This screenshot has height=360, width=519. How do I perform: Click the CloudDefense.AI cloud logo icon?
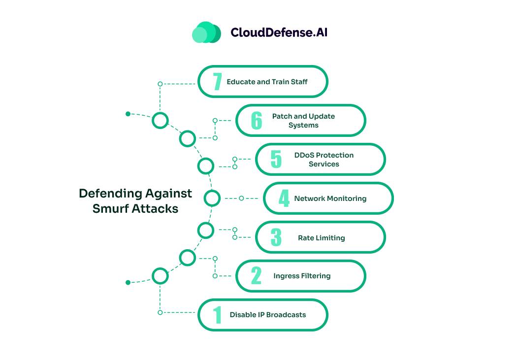click(x=206, y=33)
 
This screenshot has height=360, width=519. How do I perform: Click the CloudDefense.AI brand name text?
click(x=279, y=33)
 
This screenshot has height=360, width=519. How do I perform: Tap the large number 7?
click(x=217, y=82)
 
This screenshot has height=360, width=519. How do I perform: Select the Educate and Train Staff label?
click(x=267, y=82)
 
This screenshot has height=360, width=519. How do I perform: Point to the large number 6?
click(x=257, y=121)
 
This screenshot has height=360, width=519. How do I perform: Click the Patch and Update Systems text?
click(x=303, y=121)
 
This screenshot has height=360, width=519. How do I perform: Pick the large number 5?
click(x=276, y=160)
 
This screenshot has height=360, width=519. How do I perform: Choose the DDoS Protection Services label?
click(x=324, y=160)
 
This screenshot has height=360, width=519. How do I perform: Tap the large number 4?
click(x=284, y=198)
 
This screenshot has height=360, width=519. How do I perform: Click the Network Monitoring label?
click(x=330, y=198)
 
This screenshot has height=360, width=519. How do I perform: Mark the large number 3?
click(x=276, y=237)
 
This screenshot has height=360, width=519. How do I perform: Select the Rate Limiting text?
click(x=321, y=238)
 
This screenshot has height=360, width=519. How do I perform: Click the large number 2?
click(x=256, y=276)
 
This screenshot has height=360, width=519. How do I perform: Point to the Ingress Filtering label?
click(x=302, y=276)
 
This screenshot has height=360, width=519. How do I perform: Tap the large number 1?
click(x=217, y=315)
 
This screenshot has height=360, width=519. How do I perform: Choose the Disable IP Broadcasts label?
click(x=267, y=315)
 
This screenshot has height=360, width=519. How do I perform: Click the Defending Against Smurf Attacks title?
click(x=135, y=201)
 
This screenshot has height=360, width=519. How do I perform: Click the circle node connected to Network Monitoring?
click(x=212, y=198)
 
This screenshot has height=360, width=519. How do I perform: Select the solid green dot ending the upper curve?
click(x=128, y=114)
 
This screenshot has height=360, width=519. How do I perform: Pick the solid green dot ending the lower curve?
click(x=128, y=283)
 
